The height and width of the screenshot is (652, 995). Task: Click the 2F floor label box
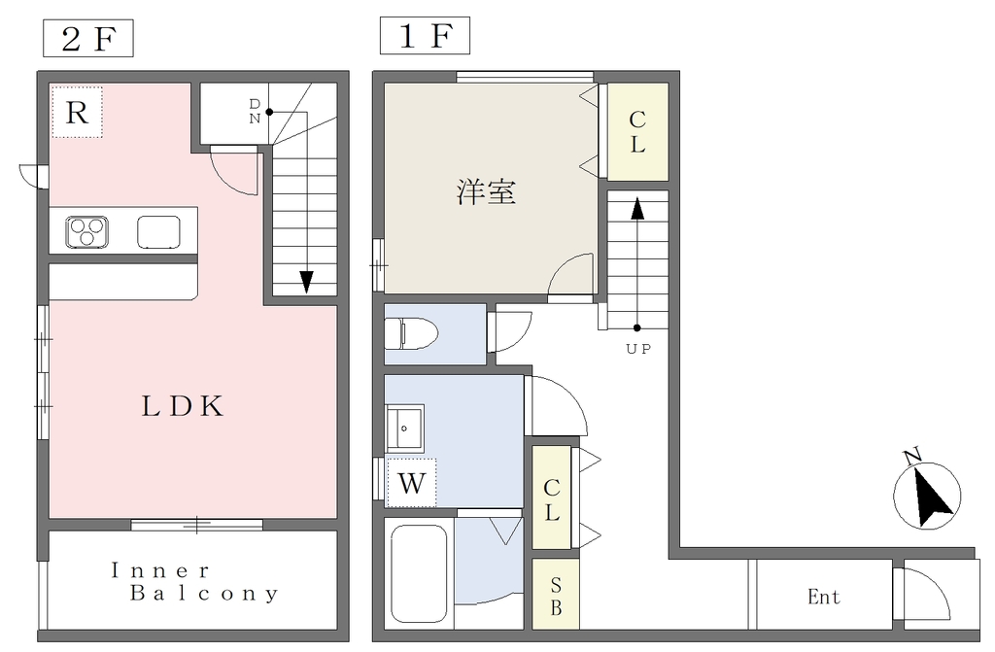pyautogui.click(x=88, y=38)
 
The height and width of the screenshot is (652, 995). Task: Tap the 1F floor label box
pyautogui.click(x=425, y=36)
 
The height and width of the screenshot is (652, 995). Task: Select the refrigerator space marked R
pyautogui.click(x=77, y=113)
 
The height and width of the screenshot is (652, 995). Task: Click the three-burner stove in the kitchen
pyautogui.click(x=86, y=231)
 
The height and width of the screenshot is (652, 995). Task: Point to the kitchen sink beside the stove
pyautogui.click(x=158, y=231)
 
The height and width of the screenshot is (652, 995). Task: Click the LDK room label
pyautogui.click(x=183, y=406)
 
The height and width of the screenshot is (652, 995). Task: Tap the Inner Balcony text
pyautogui.click(x=194, y=581)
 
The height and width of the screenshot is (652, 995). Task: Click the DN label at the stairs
pyautogui.click(x=255, y=111)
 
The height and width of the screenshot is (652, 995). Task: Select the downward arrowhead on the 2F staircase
pyautogui.click(x=306, y=282)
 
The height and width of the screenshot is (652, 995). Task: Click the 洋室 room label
pyautogui.click(x=486, y=191)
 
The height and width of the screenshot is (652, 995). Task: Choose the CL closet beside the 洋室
pyautogui.click(x=637, y=132)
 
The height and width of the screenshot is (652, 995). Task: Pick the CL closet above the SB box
pyautogui.click(x=552, y=498)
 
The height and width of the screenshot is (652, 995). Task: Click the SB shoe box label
pyautogui.click(x=556, y=595)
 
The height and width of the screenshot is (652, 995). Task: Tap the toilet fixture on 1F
pyautogui.click(x=411, y=333)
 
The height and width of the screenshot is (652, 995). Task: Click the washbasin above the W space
pyautogui.click(x=405, y=428)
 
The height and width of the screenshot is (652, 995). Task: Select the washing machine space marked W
pyautogui.click(x=411, y=483)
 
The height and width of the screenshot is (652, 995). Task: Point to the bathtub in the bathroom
pyautogui.click(x=419, y=574)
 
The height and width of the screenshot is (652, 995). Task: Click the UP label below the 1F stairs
pyautogui.click(x=638, y=349)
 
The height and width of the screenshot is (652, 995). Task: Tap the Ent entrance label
pyautogui.click(x=824, y=597)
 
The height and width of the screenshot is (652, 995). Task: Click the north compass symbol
pyautogui.click(x=926, y=493)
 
